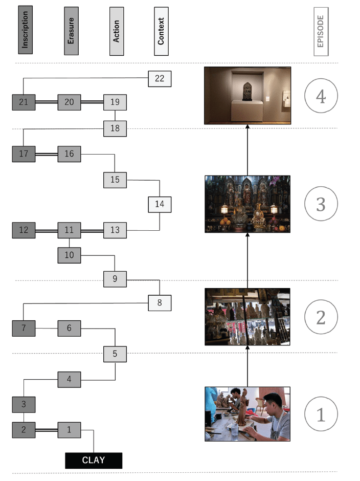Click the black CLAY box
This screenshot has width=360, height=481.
point(94,460)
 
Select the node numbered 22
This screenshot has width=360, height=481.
point(160,78)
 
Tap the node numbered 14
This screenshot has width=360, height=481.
point(160,204)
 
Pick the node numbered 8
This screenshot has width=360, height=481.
point(160,303)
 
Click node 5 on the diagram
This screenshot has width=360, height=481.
point(115,353)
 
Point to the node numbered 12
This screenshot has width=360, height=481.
point(24,230)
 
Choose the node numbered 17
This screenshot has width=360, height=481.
point(24,154)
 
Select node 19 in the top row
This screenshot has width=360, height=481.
point(115,102)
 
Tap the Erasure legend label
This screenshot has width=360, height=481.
point(71,31)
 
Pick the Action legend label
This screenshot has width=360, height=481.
point(117,31)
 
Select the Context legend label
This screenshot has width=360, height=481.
point(161,31)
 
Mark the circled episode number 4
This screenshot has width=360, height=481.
point(321,97)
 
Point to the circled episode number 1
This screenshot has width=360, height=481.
point(321,414)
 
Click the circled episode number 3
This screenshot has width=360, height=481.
point(321,204)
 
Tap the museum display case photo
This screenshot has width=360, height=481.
point(247,96)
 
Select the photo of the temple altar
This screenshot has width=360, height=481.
point(247,204)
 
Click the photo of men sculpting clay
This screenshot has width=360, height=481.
point(247,414)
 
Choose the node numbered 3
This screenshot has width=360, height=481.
point(24,405)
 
